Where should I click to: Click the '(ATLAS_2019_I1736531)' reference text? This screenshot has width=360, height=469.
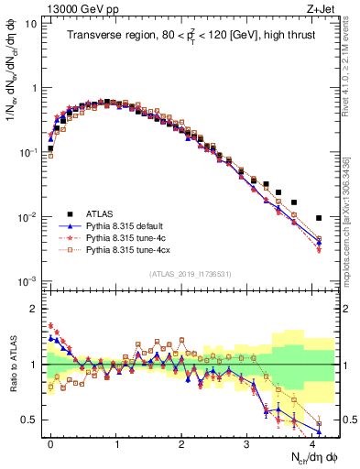[190, 273]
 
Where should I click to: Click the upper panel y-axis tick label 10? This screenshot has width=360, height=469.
[31, 24]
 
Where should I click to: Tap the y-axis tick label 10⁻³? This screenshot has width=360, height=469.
[28, 280]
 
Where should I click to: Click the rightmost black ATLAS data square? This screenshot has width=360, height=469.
[318, 218]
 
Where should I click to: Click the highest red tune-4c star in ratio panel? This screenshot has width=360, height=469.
[50, 325]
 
